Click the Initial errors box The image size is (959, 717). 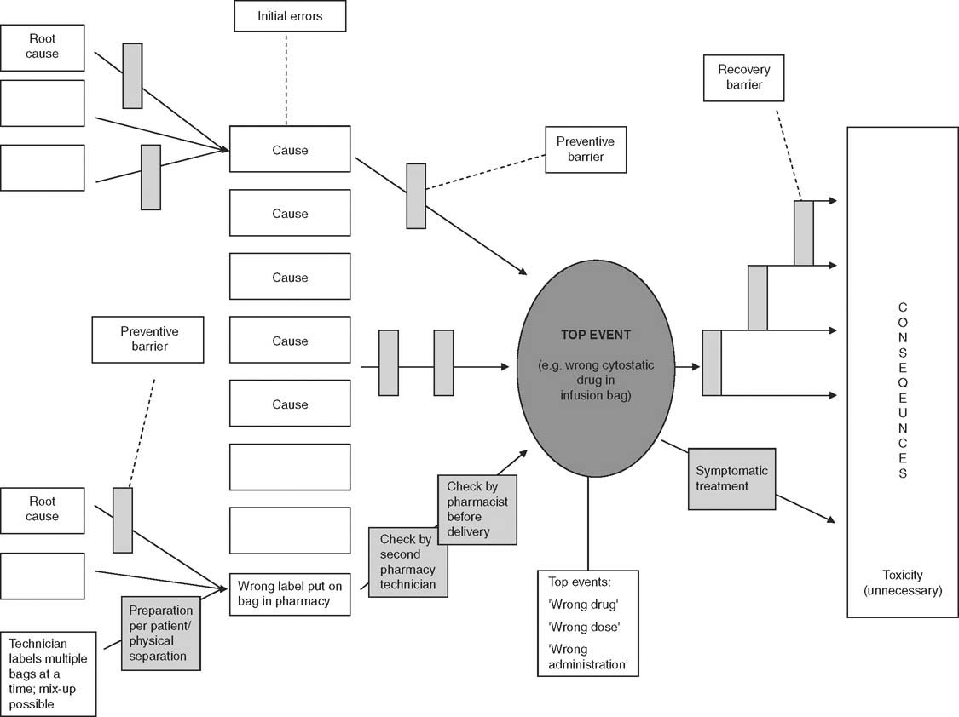point(290,16)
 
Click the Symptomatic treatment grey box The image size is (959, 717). point(731,479)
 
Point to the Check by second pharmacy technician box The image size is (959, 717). point(407,561)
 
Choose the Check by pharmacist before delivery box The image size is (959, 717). point(477,509)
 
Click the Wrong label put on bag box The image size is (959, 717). point(290,594)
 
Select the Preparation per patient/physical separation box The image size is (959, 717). point(160,633)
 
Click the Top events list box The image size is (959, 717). point(587,623)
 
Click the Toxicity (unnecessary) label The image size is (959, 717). point(903,582)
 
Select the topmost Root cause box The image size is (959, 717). point(43,47)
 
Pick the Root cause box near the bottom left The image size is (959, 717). point(43,509)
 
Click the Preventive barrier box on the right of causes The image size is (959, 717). point(585,149)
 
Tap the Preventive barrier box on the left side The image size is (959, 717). point(148,339)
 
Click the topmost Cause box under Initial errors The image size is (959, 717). point(290,150)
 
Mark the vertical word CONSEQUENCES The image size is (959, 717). point(903,390)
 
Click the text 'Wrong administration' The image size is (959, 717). point(588,657)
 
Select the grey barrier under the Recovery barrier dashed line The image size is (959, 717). point(803,232)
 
